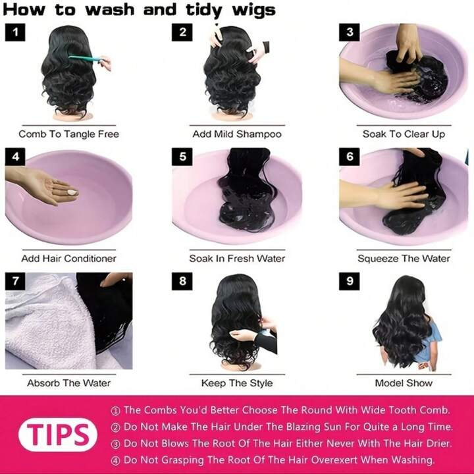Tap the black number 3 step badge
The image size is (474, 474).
point(350,32)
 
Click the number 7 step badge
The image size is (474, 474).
point(15,281)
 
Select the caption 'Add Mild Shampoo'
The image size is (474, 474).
point(237,134)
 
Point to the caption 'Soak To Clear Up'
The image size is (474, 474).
point(404,134)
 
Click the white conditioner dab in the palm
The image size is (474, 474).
point(72,192)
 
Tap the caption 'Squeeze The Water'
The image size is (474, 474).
point(404,259)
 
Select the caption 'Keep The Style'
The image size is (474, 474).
point(237,383)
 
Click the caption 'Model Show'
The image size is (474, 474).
point(404,383)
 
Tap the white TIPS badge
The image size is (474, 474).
point(58,434)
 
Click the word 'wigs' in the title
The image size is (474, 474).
point(253,10)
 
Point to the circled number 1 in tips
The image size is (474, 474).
point(115,411)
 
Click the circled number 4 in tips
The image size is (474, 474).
point(115,461)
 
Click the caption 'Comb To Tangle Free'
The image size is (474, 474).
point(69,134)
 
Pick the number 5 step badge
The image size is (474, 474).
point(182,157)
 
